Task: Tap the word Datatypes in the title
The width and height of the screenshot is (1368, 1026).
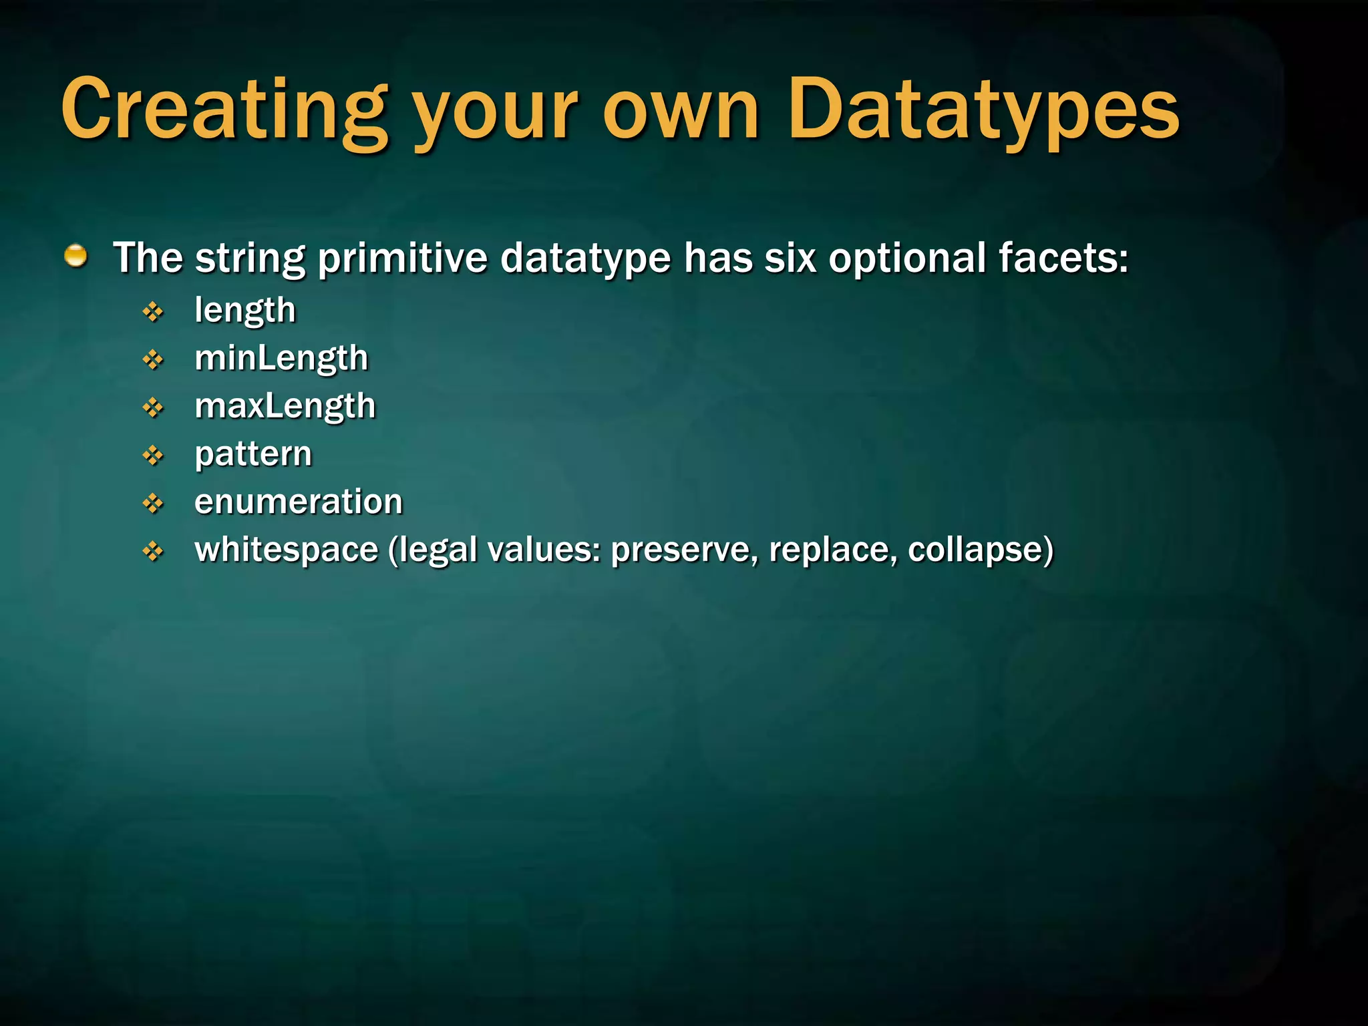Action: (984, 110)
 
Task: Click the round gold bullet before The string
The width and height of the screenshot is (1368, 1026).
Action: (76, 256)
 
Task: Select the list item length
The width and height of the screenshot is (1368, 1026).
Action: (245, 311)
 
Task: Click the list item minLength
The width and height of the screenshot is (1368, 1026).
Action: (281, 359)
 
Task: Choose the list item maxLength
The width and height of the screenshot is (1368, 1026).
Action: (285, 406)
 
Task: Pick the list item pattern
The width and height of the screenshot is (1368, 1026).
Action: (253, 455)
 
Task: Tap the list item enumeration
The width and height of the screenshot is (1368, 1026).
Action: (299, 502)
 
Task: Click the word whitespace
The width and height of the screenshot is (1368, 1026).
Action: (287, 550)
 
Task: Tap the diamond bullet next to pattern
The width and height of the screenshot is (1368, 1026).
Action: (154, 456)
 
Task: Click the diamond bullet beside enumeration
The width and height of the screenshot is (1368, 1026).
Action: (154, 503)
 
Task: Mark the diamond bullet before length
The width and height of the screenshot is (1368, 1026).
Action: (154, 311)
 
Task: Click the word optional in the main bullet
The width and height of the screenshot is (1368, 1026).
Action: (907, 259)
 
